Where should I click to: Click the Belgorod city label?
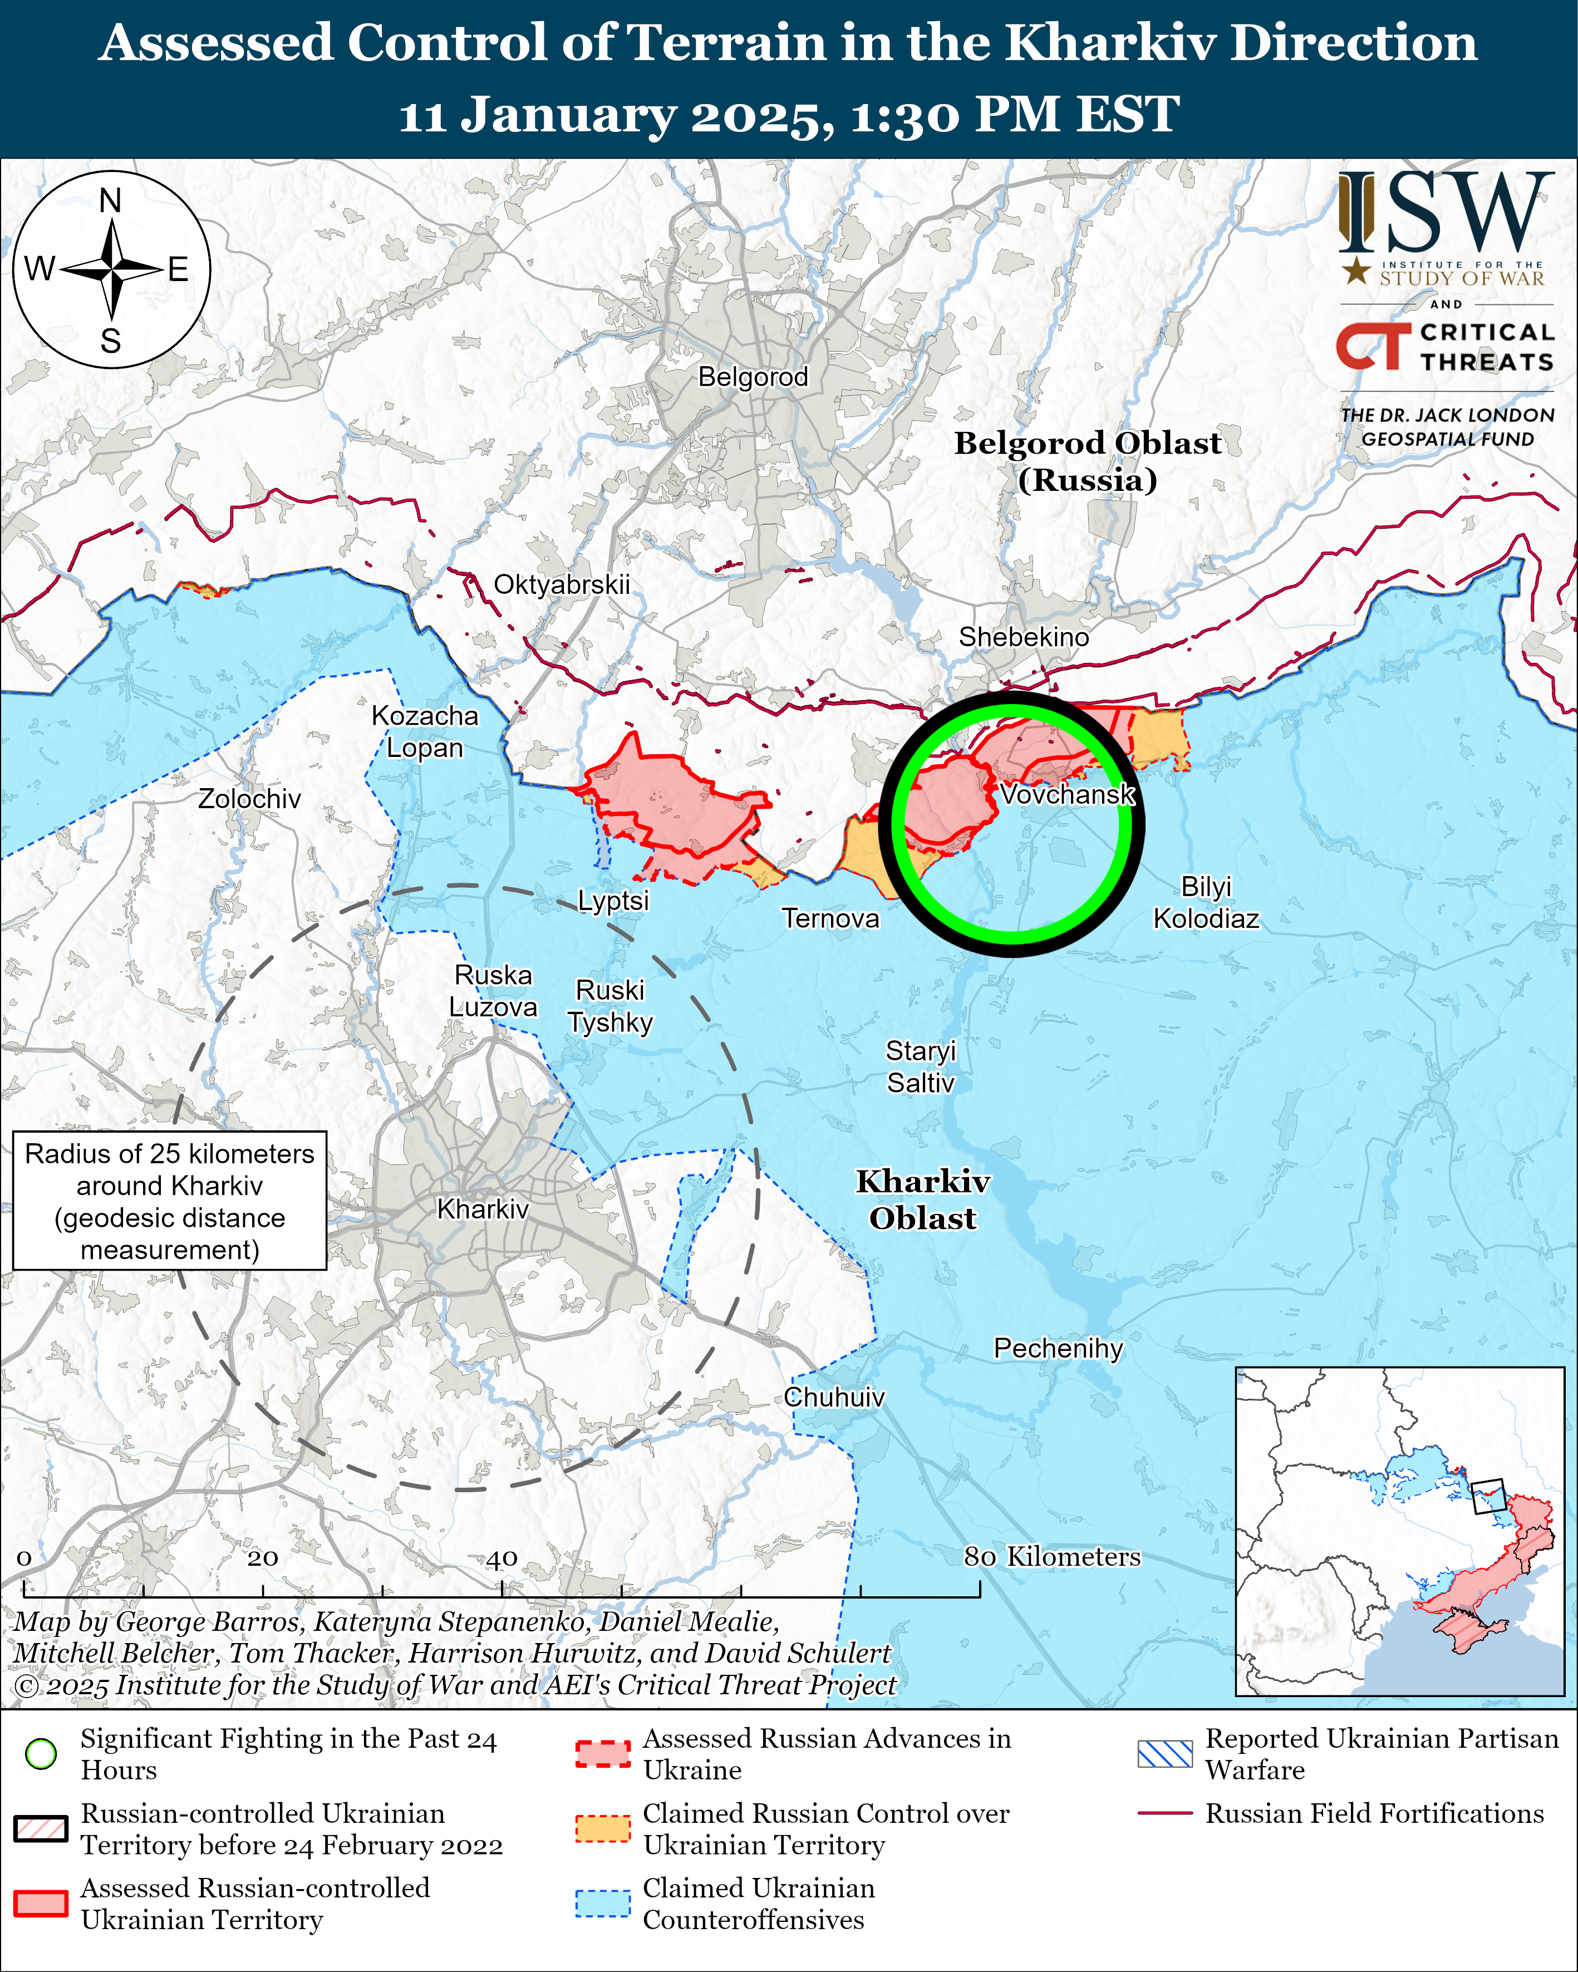point(753,377)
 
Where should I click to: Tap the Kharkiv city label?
point(483,1209)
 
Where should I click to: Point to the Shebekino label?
point(1024,637)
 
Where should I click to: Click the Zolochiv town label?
point(250,799)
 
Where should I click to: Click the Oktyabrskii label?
point(562,584)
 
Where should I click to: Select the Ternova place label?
point(830,918)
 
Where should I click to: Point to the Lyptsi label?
point(613,901)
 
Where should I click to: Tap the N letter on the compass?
point(111,200)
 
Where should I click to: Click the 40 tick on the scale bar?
point(502,1558)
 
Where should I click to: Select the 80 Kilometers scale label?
point(1052,1557)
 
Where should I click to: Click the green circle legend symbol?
point(41,1753)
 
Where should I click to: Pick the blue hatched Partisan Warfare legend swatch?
point(1164,1753)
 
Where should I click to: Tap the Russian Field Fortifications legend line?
point(1164,1813)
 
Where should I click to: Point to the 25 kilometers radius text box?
point(170,1202)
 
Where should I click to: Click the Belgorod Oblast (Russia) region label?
point(1088,461)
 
